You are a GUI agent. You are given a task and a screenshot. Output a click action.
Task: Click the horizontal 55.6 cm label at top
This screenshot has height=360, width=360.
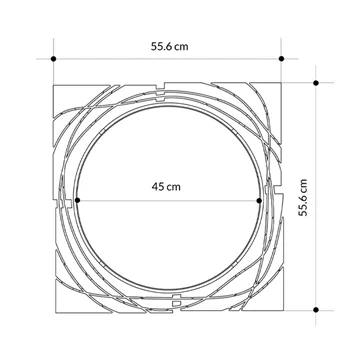tap(169, 46)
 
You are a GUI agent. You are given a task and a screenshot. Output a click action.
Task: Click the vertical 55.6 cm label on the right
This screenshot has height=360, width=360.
tap(303, 198)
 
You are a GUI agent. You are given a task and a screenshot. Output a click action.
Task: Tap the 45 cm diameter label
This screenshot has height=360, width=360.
tap(166, 186)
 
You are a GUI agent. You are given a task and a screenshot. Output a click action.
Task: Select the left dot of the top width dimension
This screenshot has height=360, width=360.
tap(53, 59)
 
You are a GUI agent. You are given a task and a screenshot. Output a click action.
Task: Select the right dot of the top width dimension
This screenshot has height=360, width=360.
tap(281, 59)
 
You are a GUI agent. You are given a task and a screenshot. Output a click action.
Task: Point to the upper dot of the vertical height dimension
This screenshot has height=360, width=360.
tap(316, 83)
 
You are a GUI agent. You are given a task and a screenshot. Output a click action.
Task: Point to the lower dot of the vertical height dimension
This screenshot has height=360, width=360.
tap(316, 310)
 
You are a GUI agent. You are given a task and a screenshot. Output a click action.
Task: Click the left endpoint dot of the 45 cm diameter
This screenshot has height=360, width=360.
tap(77, 200)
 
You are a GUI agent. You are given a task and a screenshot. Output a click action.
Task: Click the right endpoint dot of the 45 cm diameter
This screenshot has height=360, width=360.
tap(259, 200)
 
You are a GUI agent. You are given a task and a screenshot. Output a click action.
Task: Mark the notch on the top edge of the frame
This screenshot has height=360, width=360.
tap(160, 87)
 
